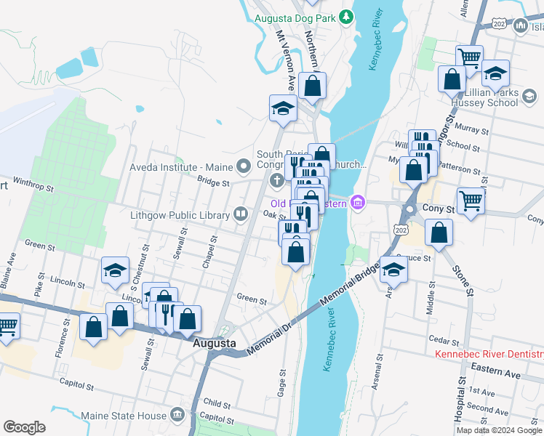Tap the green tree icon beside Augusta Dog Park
pyautogui.click(x=348, y=16)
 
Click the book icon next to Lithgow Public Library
pyautogui.click(x=240, y=214)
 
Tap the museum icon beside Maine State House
pyautogui.click(x=177, y=415)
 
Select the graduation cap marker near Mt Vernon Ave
pyautogui.click(x=283, y=108)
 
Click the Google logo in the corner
pyautogui.click(x=24, y=427)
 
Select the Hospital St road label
pyautogui.click(x=461, y=411)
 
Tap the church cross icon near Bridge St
pyautogui.click(x=276, y=180)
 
